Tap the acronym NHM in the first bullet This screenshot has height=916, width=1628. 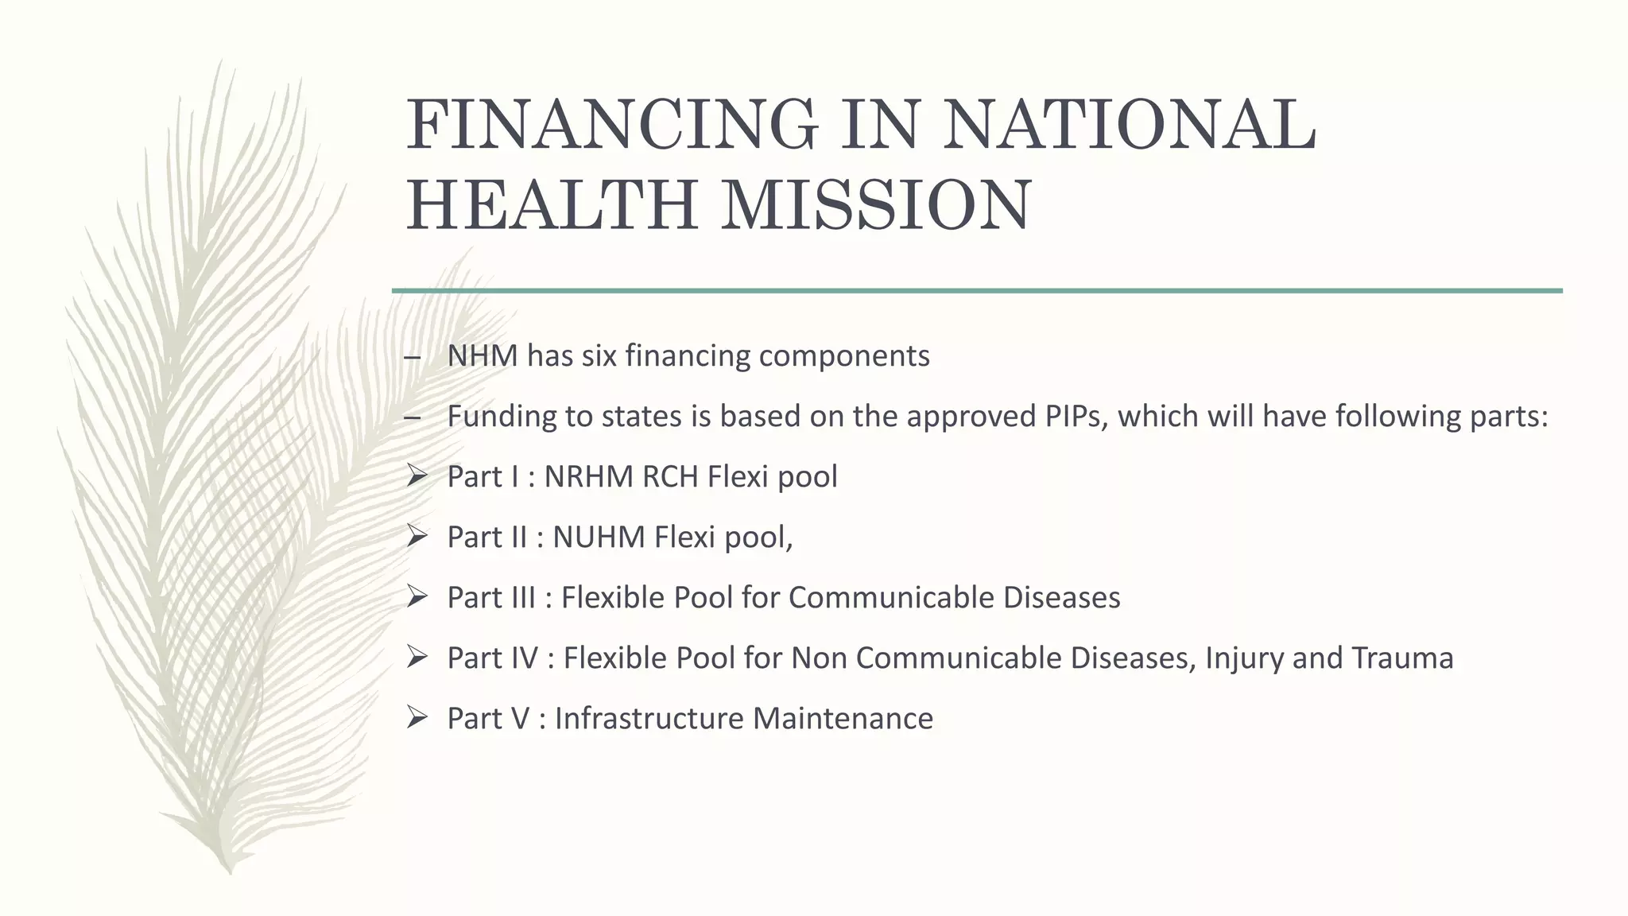(483, 355)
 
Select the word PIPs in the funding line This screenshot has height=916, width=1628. (1076, 416)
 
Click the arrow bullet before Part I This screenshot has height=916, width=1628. (417, 475)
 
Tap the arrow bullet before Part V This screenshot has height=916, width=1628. (417, 717)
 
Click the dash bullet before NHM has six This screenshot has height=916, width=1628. (412, 357)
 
